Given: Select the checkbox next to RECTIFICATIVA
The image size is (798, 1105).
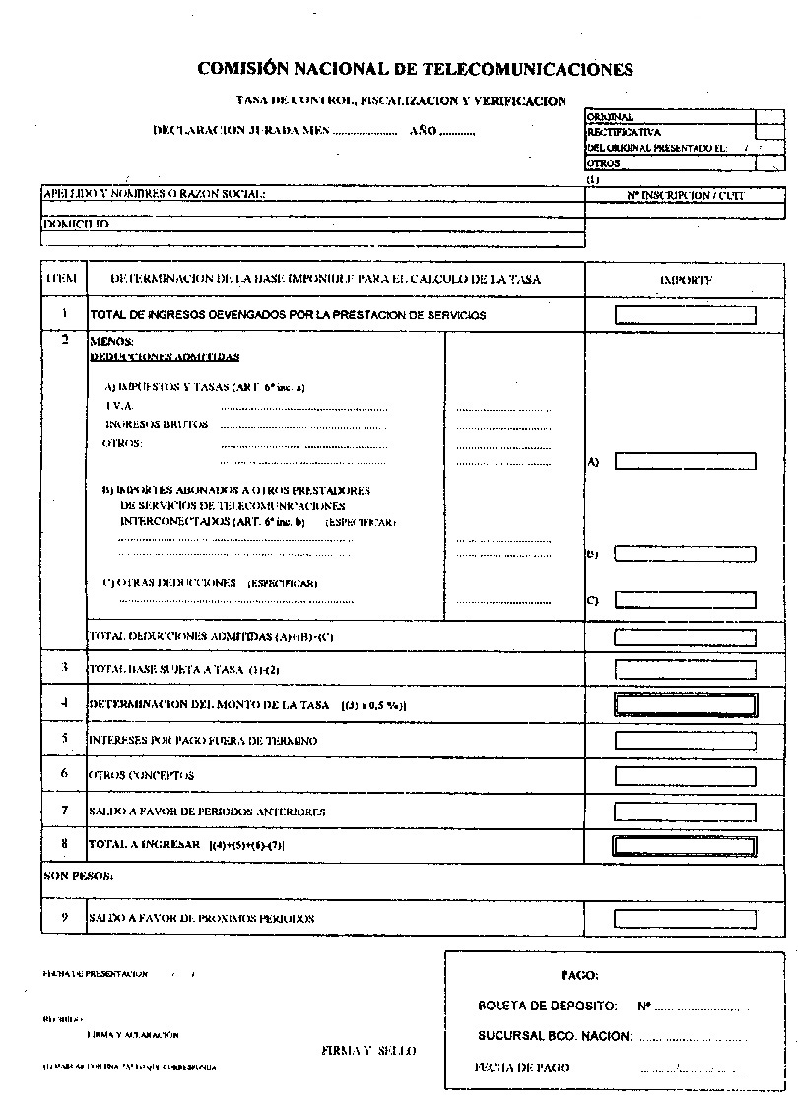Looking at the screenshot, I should [769, 132].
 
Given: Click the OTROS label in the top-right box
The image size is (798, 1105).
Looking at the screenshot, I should [604, 163].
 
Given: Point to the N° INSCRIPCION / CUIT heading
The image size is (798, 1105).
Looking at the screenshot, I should [686, 196].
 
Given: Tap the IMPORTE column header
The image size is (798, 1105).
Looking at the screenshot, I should [686, 280].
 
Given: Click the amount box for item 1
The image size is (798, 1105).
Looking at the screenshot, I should [686, 315].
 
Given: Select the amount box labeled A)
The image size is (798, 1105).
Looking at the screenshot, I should [686, 461].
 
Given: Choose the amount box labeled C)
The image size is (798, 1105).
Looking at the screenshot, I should [686, 600].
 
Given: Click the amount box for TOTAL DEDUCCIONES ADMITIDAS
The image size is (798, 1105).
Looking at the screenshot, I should [686, 637].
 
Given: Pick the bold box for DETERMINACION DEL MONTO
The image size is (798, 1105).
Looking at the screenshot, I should [686, 705].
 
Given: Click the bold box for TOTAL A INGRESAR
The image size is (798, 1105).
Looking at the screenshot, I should [686, 845].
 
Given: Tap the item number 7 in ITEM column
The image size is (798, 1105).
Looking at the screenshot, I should [64, 811].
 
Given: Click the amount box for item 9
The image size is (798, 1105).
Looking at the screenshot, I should [686, 918].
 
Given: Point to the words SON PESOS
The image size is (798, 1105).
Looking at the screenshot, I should [79, 875].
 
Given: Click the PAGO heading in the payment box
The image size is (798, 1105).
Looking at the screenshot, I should [579, 975].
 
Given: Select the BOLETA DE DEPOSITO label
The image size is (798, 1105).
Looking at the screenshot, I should [548, 1007].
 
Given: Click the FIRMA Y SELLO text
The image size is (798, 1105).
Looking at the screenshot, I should [368, 1051].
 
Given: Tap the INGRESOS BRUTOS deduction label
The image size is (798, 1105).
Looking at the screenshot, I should [157, 424].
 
